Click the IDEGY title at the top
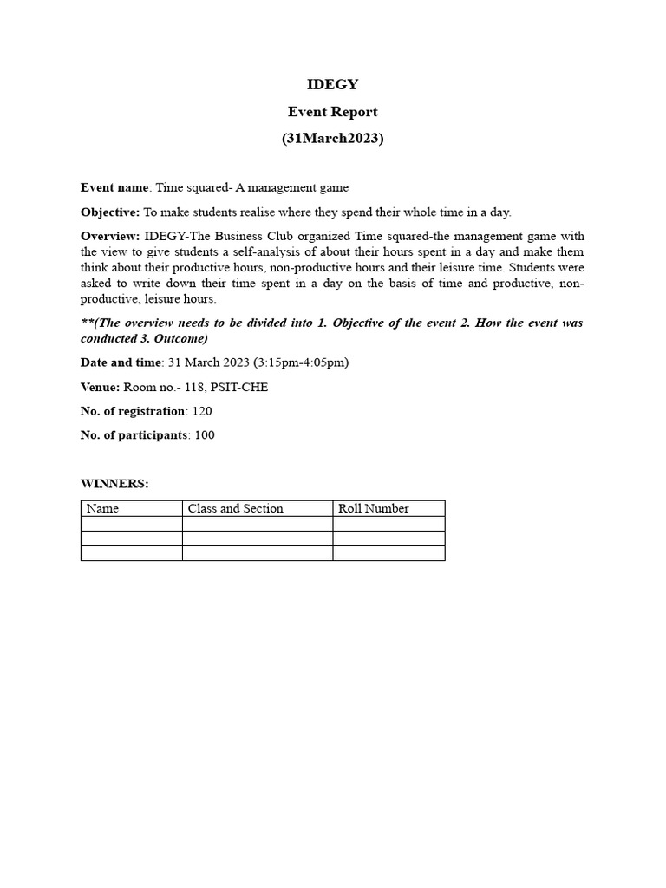333,84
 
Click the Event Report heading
333,111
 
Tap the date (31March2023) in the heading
333,138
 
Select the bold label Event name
114,186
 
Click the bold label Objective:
110,212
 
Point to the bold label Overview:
110,236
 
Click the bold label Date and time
121,362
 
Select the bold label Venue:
101,387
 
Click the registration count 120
202,411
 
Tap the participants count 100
205,435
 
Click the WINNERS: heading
114,484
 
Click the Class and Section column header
236,508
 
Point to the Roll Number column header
373,508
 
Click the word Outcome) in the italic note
186,338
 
